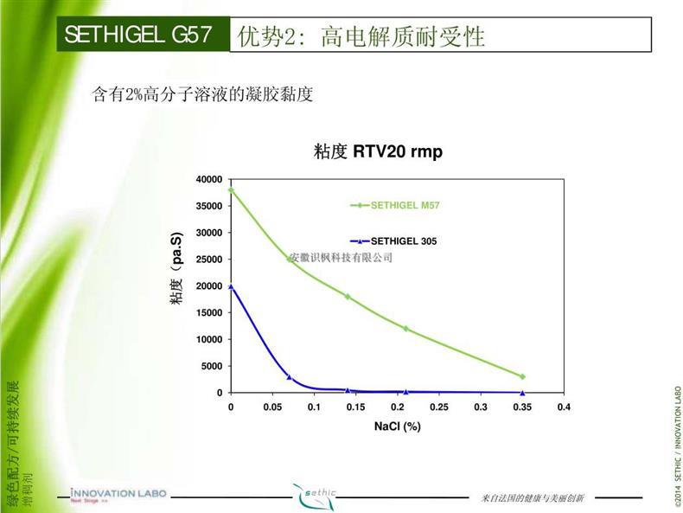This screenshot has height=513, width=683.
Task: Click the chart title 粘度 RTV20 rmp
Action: tap(378, 152)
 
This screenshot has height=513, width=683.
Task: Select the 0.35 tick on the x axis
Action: tap(522, 407)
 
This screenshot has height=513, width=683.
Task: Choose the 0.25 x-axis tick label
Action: tap(439, 407)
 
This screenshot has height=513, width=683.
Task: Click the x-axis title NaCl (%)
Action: tap(397, 426)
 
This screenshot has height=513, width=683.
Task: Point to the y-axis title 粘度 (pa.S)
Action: tap(176, 268)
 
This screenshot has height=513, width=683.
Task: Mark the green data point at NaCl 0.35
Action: tap(522, 376)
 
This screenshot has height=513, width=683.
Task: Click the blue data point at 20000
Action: tap(231, 286)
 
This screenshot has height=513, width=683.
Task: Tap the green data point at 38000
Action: tap(231, 189)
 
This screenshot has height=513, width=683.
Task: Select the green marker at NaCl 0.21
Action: tap(405, 329)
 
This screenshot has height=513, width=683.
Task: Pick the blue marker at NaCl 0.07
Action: tap(289, 377)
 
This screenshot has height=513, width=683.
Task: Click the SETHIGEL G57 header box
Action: tap(144, 35)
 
